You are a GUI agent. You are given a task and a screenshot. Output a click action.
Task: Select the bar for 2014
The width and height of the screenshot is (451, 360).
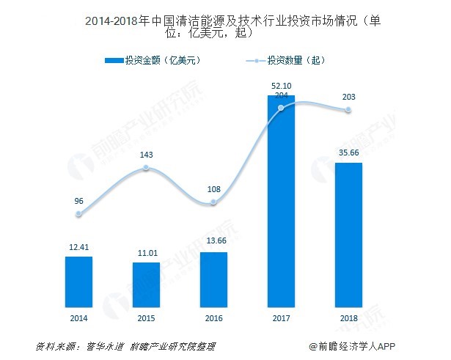78,282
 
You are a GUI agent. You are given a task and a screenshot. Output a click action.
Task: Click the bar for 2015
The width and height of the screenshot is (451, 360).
146,284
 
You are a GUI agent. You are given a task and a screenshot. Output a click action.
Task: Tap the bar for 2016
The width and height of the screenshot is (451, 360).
213,280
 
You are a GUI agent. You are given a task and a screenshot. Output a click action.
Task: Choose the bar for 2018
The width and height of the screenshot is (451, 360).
348,235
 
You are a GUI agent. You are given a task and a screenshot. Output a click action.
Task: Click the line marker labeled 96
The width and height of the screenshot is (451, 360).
78,214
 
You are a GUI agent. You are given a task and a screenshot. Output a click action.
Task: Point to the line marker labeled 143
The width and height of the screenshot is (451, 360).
146,168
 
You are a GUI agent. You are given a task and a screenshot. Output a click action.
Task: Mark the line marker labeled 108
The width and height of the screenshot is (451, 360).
213,202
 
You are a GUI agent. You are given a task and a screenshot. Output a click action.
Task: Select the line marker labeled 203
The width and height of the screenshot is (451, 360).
348,111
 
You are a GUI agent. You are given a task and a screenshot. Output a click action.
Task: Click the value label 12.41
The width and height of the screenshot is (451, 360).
78,247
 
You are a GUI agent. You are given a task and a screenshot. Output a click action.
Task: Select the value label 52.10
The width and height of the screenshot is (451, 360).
281,87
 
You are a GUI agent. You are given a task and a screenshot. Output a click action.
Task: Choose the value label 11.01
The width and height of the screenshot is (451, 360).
146,252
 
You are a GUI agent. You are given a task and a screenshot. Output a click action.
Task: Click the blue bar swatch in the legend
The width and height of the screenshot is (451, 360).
114,60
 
